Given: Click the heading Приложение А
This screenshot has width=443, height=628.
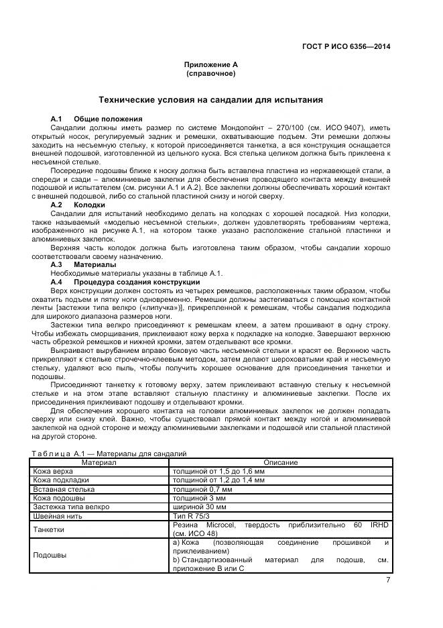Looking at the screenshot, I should click(x=210, y=64).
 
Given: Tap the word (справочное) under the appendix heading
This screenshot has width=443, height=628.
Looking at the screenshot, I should click(x=210, y=73).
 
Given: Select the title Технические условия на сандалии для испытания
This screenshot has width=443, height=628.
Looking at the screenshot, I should click(x=210, y=100).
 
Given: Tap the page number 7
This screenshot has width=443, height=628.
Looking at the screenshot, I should click(x=388, y=580).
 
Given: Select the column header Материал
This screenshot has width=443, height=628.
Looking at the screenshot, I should click(x=99, y=462).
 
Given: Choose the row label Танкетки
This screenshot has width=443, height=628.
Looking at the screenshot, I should click(x=49, y=529).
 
